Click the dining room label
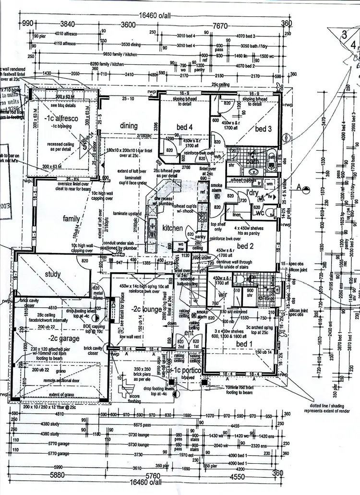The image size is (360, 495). coord(129,126)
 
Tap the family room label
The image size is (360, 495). coord(72,219)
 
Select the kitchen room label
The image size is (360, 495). coord(172,228)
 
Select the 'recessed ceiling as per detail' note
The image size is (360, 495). coord(59,147)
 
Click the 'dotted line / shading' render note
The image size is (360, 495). coord(331,408)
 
